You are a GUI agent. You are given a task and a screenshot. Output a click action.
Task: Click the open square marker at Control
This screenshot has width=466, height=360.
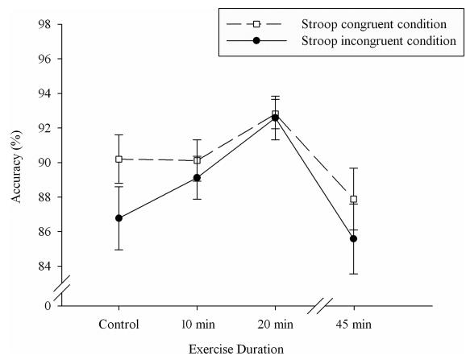pyautogui.click(x=119, y=159)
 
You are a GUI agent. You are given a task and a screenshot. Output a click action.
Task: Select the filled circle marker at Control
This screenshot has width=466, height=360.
pyautogui.click(x=119, y=218)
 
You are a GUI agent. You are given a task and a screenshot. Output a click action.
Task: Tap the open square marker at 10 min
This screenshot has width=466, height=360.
pyautogui.click(x=197, y=160)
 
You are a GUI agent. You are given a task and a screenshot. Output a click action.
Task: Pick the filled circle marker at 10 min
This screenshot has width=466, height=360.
pyautogui.click(x=197, y=178)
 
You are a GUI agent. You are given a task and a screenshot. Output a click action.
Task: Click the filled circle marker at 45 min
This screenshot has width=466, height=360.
pyautogui.click(x=353, y=238)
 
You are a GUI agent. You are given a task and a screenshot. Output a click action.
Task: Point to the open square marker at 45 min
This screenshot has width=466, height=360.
pyautogui.click(x=353, y=199)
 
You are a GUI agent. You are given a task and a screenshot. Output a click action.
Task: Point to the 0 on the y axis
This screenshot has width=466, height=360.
pyautogui.click(x=48, y=305)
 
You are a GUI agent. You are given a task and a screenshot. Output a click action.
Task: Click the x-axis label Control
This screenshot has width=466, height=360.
pyautogui.click(x=119, y=324)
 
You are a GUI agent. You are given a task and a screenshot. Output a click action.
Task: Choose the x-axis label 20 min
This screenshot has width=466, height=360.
pyautogui.click(x=275, y=324)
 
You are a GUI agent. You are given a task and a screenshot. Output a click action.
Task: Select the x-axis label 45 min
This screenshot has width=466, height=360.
pyautogui.click(x=354, y=324)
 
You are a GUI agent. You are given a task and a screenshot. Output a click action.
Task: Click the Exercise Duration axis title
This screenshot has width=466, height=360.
pyautogui.click(x=236, y=349)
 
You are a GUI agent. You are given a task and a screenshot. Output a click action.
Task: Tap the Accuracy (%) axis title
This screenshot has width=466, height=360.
pyautogui.click(x=17, y=167)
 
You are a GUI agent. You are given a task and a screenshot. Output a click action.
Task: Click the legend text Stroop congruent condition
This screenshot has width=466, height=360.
pyautogui.click(x=374, y=24)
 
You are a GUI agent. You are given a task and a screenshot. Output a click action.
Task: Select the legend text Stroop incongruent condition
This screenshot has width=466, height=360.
pyautogui.click(x=379, y=40)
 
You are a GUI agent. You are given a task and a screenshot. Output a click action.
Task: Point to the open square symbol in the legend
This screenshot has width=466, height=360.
pyautogui.click(x=256, y=24)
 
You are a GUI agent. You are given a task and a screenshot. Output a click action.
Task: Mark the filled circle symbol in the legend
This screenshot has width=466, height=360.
pyautogui.click(x=256, y=40)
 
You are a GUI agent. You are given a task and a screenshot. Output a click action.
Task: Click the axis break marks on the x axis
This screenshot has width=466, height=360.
pyautogui.click(x=319, y=306)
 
